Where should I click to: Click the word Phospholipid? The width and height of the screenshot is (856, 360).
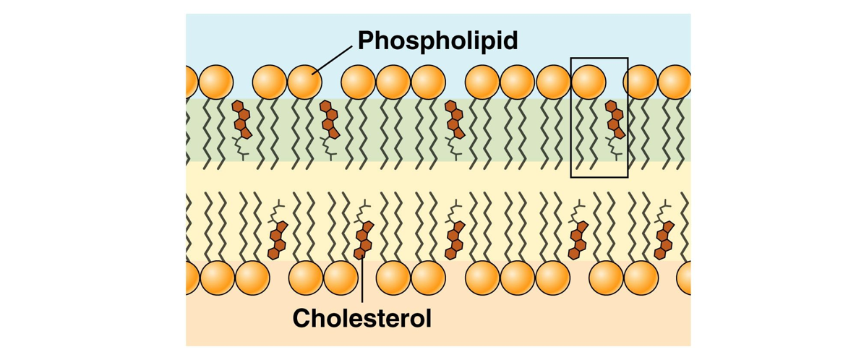pos(438,40)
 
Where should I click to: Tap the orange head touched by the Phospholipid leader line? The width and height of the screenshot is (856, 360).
pos(304,82)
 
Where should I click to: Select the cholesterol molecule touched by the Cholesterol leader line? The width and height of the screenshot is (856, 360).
pos(364,239)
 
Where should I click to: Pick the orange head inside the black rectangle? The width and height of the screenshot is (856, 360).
pos(588,82)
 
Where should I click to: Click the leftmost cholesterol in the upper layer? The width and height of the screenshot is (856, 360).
pos(241,120)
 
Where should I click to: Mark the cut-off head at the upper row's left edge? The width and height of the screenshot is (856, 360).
pos(190,82)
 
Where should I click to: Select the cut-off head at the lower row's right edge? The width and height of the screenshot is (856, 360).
pos(684,278)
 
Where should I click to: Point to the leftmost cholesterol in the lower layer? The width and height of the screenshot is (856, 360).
pos(277,239)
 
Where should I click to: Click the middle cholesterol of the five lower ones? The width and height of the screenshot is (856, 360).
pos(455,239)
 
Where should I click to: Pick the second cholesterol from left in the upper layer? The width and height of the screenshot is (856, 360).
pos(330,120)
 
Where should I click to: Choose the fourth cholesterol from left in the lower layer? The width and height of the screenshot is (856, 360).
pos(578,239)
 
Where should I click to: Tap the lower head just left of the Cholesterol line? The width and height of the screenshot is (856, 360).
pos(341,278)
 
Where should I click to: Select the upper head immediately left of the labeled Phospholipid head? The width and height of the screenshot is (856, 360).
pos(269,82)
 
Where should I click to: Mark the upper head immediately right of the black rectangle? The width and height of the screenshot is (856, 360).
pos(641,82)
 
